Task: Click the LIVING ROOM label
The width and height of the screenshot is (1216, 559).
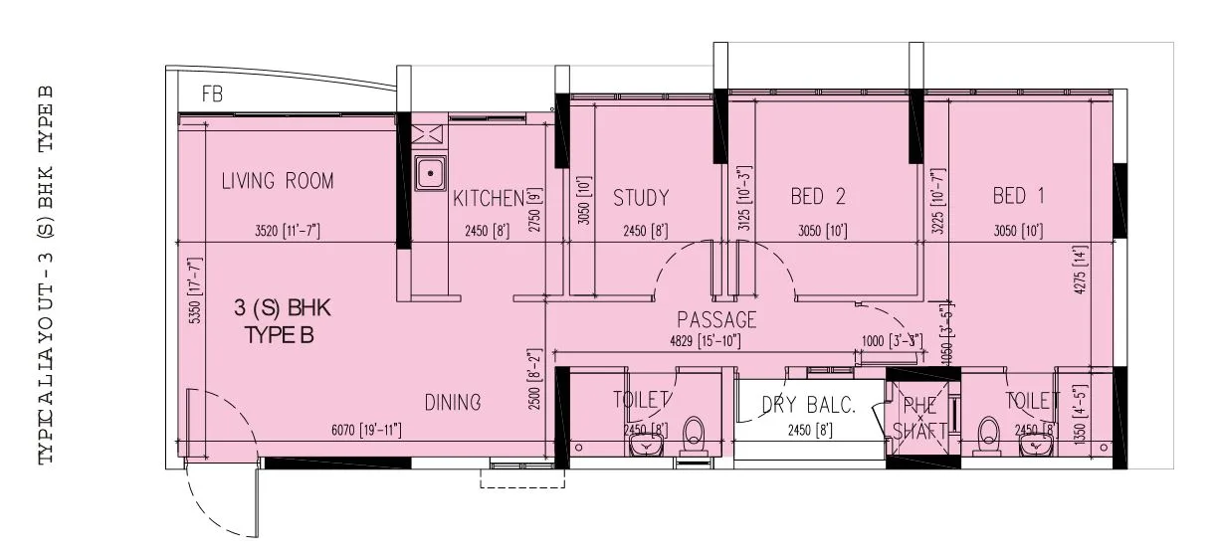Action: (278, 181)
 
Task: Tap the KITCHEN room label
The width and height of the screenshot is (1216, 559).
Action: (488, 198)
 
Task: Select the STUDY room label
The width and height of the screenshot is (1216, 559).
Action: (640, 198)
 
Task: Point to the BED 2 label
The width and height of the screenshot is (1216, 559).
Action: (817, 197)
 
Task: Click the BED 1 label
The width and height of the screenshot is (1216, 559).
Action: (1018, 197)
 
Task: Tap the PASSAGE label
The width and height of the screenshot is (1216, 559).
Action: (716, 320)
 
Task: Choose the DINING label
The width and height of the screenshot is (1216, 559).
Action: (453, 403)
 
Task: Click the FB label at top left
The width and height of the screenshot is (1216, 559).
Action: (212, 95)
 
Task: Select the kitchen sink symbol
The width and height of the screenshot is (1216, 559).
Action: (430, 174)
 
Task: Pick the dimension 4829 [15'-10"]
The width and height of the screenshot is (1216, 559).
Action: (710, 341)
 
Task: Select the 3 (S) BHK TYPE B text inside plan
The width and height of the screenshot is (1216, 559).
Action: (282, 322)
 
